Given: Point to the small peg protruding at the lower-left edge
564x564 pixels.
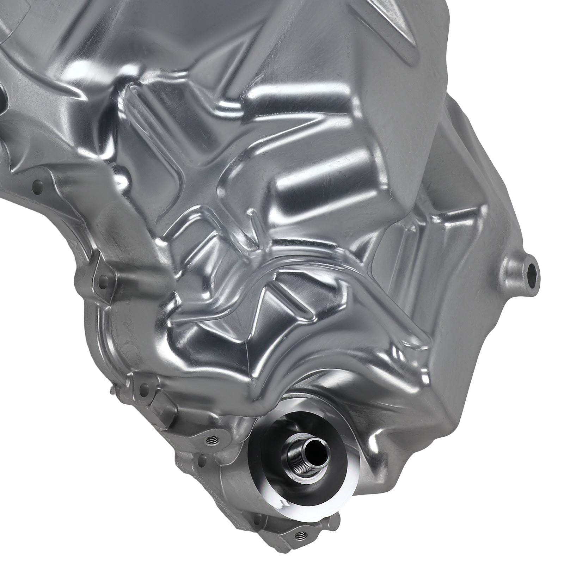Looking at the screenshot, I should (x=112, y=389).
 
